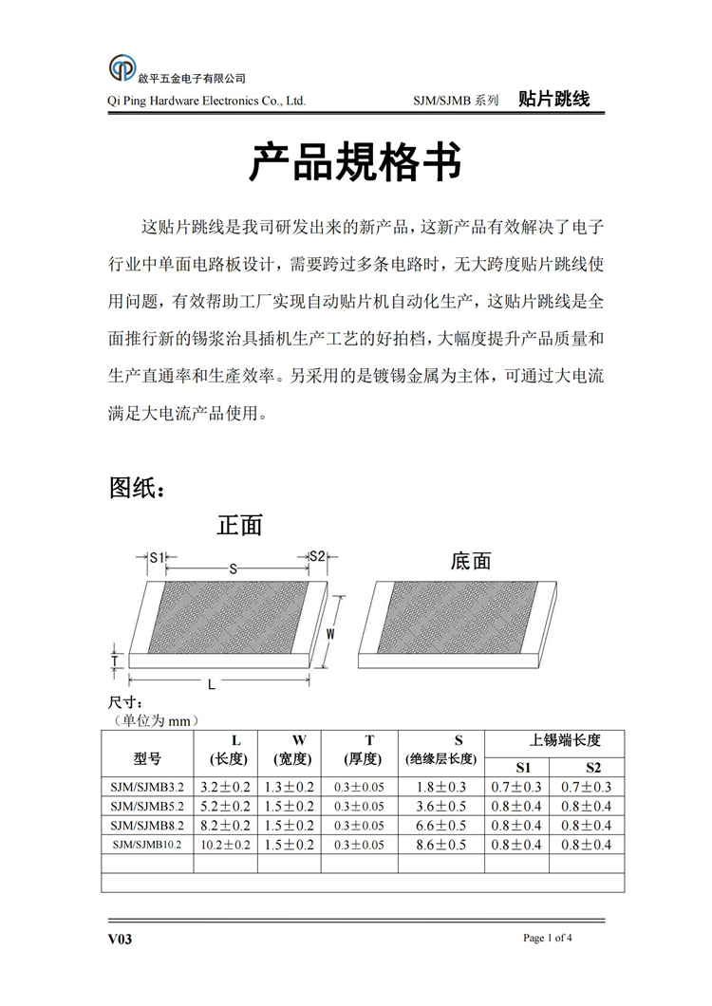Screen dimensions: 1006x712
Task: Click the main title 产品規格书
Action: coord(355,162)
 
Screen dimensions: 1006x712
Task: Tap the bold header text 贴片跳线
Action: coord(554,99)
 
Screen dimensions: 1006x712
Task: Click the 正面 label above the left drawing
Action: coord(239,524)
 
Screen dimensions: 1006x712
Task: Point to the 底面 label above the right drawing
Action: coord(471,561)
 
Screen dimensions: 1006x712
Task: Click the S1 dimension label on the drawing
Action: coord(157,556)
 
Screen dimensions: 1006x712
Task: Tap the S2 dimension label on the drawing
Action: coord(317,556)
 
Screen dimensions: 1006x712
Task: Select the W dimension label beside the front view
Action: coord(331,633)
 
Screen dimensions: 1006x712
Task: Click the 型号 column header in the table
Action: coord(147,758)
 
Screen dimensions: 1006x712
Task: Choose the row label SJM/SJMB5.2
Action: coord(147,806)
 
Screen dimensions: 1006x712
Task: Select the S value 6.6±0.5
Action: coord(441,825)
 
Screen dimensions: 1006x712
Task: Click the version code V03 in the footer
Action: coord(120,940)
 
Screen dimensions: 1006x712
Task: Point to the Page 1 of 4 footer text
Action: coord(548,939)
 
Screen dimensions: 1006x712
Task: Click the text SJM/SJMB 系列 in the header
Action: coord(456,100)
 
